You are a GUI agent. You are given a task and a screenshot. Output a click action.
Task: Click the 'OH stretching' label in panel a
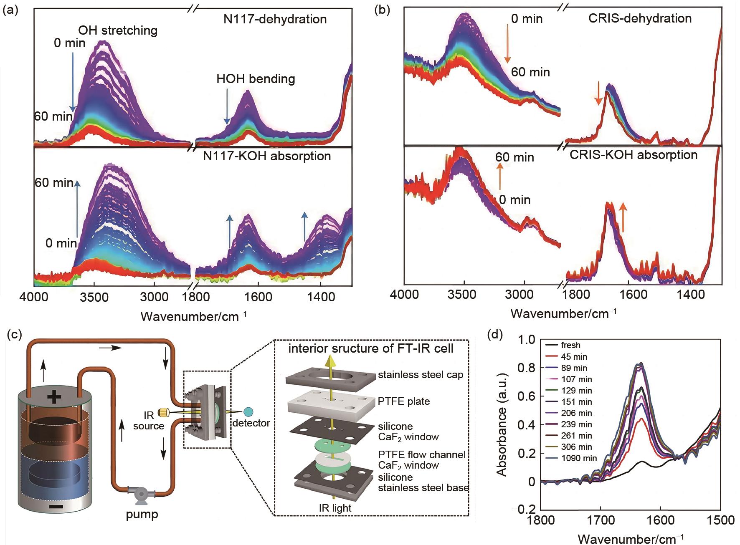(x=118, y=30)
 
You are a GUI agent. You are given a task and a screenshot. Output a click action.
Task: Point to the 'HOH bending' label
(x=256, y=79)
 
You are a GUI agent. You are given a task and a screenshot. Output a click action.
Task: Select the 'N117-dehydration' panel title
(x=275, y=19)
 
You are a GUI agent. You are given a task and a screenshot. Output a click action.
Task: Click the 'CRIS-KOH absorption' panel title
(x=634, y=155)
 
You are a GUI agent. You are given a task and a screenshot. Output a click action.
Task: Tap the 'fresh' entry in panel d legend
(x=570, y=346)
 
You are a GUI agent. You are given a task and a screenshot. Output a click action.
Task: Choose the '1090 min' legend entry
(x=579, y=458)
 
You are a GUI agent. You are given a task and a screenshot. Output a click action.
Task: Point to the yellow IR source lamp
(x=164, y=412)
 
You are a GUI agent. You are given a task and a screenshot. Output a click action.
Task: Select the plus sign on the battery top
(x=54, y=397)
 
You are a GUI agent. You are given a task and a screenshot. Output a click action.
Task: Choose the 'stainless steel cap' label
(x=421, y=375)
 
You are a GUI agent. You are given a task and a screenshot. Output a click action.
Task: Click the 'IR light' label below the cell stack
(x=332, y=508)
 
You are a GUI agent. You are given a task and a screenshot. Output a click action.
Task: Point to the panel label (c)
(x=10, y=336)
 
